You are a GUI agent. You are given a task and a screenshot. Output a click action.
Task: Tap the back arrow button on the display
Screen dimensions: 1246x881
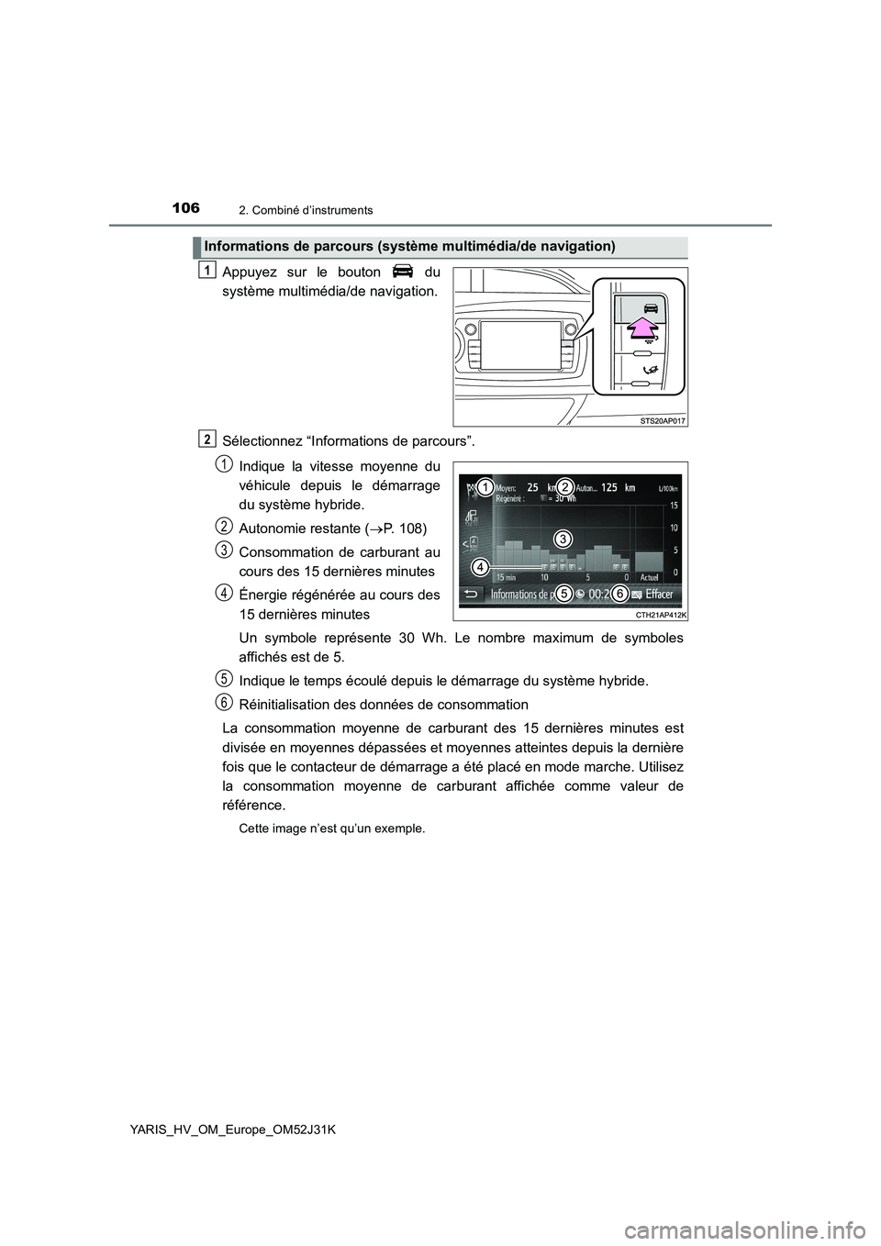(472, 594)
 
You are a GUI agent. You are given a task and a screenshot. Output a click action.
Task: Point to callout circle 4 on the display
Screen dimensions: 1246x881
(480, 568)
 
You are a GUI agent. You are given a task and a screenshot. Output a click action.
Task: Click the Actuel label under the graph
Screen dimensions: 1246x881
(649, 577)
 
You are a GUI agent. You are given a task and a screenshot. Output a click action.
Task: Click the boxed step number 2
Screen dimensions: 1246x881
(207, 437)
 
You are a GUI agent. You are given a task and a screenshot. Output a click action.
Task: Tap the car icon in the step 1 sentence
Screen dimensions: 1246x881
(401, 272)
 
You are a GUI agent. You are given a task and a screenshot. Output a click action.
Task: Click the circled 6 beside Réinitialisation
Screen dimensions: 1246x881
(224, 702)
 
